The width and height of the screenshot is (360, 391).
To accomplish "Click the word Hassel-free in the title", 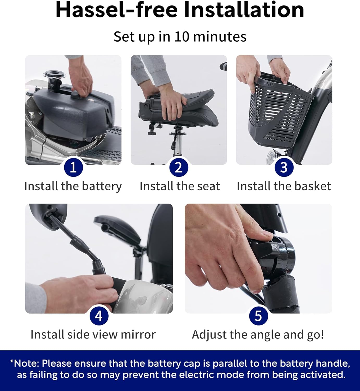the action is (x=116, y=10).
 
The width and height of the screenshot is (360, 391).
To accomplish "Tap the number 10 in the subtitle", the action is (x=182, y=36).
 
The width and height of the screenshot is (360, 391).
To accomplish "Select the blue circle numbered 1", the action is (x=73, y=167).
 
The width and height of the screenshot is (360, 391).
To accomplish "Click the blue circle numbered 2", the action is (x=179, y=167).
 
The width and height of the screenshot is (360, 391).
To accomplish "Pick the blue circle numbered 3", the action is (x=284, y=167).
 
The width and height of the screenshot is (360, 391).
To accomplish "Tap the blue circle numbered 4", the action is (x=99, y=316).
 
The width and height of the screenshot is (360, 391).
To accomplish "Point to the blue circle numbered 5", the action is (x=258, y=316).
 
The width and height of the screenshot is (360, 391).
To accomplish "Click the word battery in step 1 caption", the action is (x=102, y=186).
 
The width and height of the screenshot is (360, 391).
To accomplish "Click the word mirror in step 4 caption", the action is (x=138, y=335).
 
